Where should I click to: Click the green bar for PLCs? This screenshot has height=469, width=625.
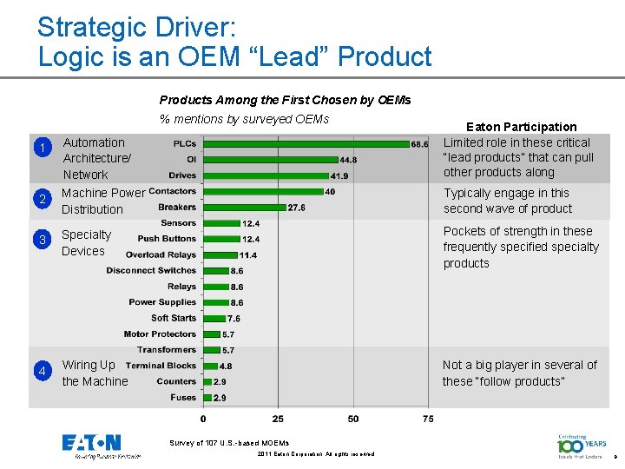306,144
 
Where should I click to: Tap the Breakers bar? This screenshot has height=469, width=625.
243,208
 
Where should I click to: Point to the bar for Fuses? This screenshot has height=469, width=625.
207,397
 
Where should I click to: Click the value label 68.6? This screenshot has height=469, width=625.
420,144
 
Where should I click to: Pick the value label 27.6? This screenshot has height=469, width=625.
296,208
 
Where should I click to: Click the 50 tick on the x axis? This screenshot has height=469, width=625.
352,419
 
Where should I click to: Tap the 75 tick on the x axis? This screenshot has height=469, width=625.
428,419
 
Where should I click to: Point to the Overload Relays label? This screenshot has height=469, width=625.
161,254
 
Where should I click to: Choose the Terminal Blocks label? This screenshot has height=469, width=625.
161,366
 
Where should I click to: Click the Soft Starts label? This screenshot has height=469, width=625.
174,318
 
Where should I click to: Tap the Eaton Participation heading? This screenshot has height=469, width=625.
521,127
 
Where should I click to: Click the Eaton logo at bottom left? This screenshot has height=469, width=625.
92,445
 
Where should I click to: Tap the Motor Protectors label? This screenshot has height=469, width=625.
161,334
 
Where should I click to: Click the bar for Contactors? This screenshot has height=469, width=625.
262,192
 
